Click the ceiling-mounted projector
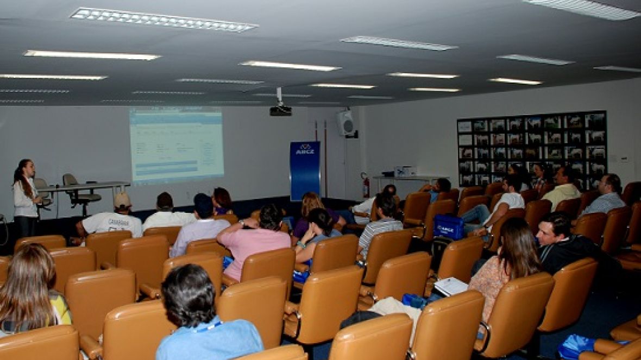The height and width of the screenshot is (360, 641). [x=280, y=110]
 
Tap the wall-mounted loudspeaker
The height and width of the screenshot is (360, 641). [x=345, y=123]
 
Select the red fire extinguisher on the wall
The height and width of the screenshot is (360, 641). [x=366, y=187]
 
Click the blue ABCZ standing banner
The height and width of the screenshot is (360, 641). [x=305, y=170]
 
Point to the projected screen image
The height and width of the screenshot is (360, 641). [x=177, y=144]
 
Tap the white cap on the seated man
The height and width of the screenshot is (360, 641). [x=122, y=200]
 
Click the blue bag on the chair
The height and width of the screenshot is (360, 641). [x=448, y=226]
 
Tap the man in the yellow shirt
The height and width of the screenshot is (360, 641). [x=563, y=188]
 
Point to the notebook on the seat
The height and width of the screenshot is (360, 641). [x=450, y=286]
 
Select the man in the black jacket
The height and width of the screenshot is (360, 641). [x=565, y=244]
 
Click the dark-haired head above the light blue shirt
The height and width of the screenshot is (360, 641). [x=188, y=296]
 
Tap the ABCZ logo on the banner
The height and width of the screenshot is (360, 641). [x=305, y=149]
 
